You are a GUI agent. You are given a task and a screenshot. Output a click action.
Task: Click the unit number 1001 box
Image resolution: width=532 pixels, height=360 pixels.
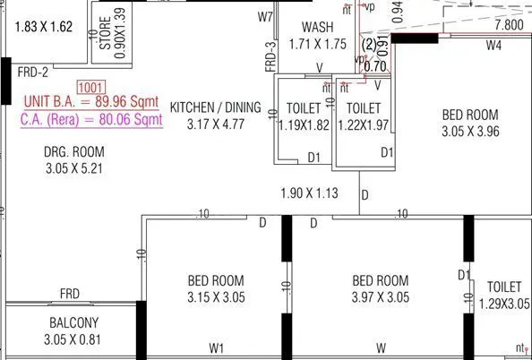click(x=90, y=87)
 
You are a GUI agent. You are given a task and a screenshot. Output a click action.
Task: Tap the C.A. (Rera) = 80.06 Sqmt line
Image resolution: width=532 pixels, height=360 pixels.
click(x=91, y=117)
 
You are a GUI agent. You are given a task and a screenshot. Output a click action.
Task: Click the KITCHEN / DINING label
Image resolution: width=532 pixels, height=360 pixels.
click(x=215, y=107)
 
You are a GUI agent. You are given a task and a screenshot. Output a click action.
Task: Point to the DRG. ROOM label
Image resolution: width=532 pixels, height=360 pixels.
click(x=74, y=151)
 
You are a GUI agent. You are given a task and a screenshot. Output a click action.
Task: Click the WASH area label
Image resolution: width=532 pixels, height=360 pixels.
click(x=318, y=28)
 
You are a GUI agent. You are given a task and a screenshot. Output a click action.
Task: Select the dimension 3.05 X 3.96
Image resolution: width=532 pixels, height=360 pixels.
click(x=470, y=131)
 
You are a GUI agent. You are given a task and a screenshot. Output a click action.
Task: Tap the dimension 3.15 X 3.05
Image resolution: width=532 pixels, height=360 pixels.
click(x=216, y=297)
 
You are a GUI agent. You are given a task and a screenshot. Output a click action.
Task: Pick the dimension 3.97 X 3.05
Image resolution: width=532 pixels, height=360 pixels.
click(x=380, y=297)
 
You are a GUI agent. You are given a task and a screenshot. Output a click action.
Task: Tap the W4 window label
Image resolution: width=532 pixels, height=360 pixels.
click(x=493, y=44)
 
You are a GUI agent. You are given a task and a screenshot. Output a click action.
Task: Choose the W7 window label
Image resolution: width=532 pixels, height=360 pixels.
click(x=265, y=16)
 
